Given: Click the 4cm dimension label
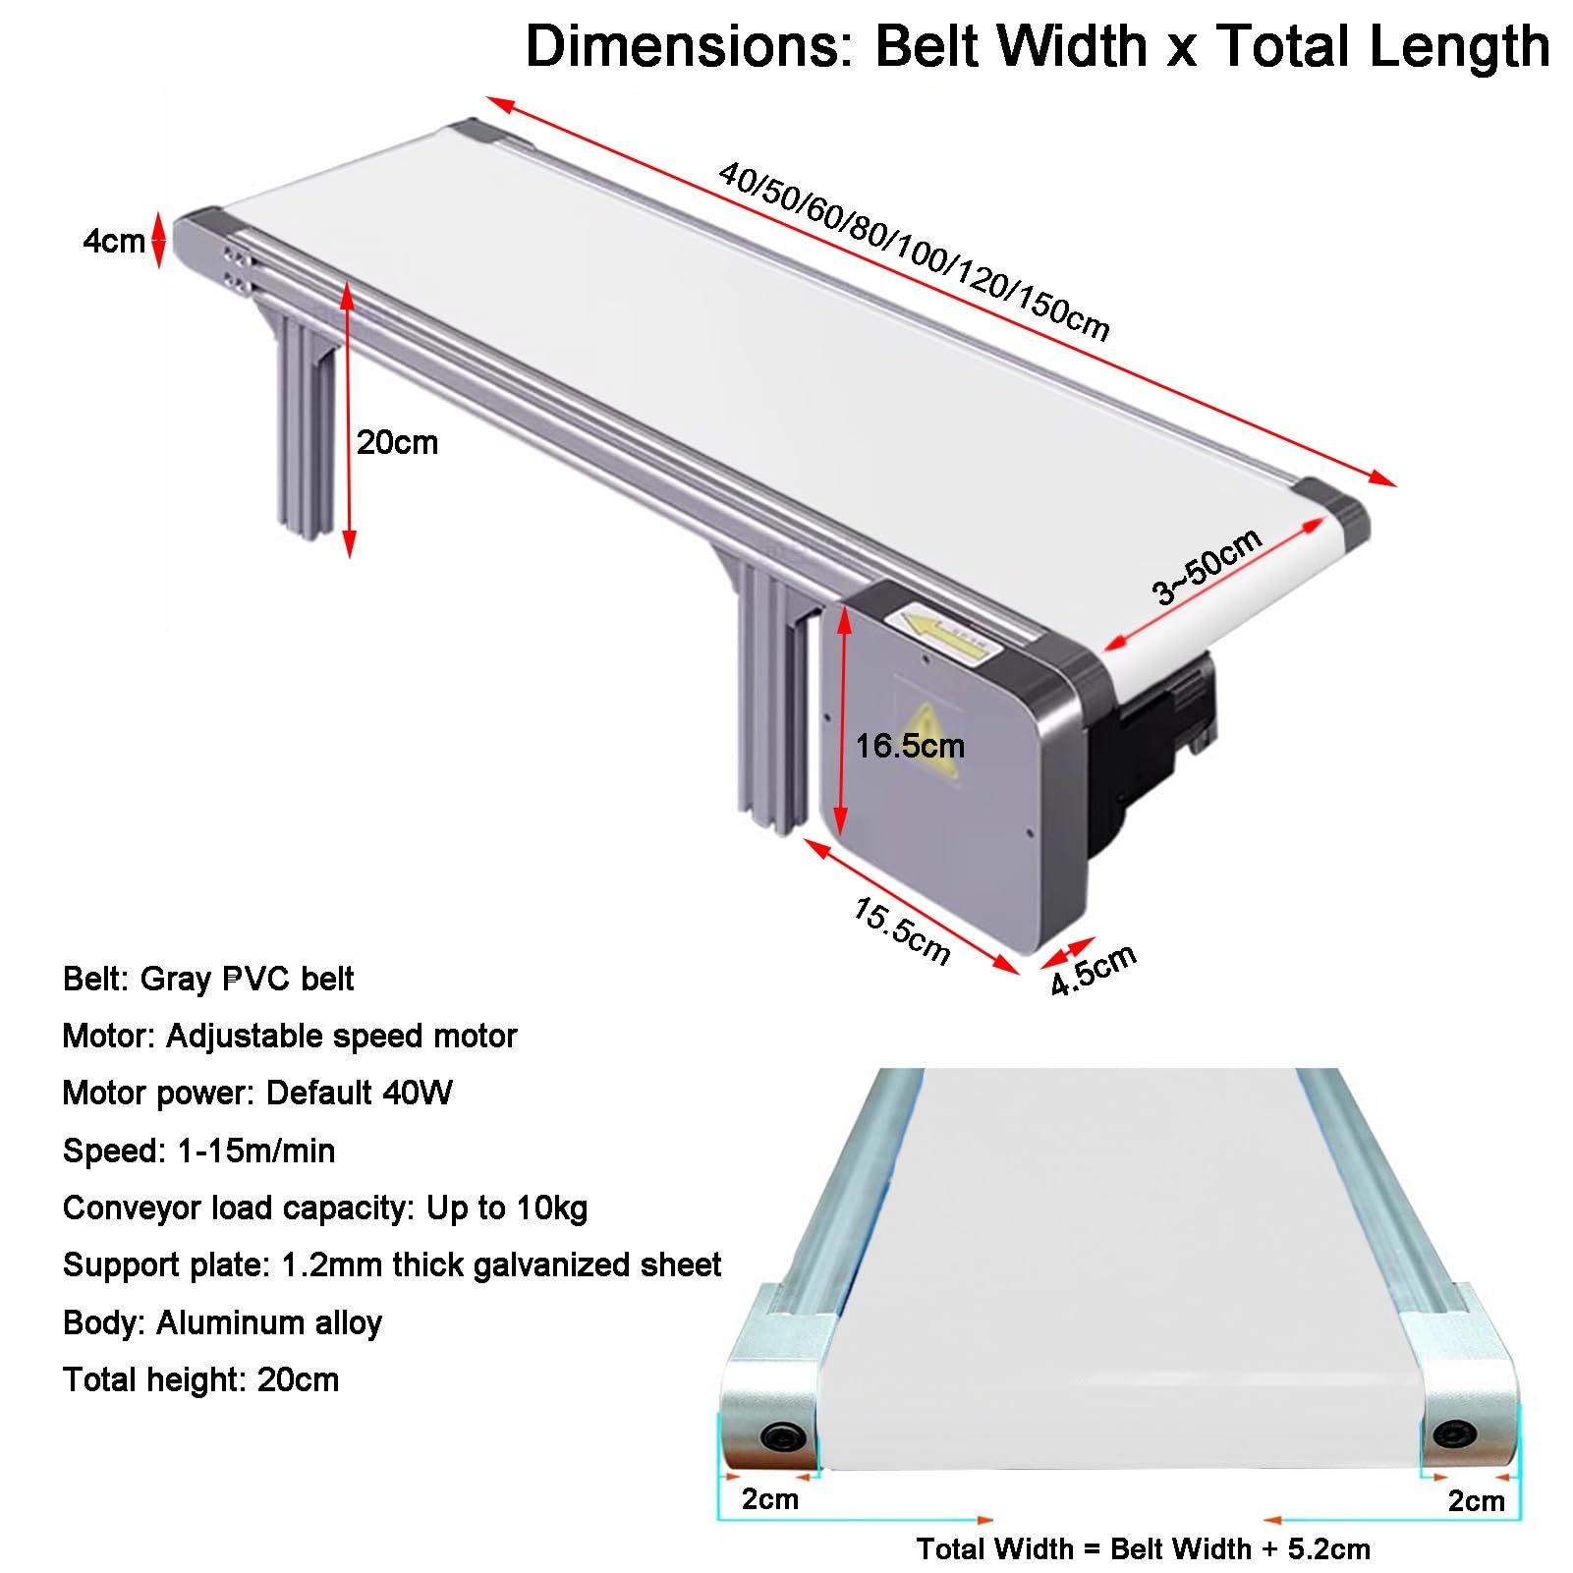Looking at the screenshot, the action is coord(113,241).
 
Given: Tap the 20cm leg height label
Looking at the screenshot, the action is coord(397,442).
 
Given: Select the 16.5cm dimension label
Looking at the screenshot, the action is coord(910,746).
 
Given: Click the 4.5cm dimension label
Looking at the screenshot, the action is coord(1093,970).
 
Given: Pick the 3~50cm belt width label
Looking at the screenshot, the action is coord(1207,567).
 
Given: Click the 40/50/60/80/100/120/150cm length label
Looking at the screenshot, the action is coord(914,252).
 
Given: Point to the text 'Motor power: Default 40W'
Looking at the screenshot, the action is coord(257,1093).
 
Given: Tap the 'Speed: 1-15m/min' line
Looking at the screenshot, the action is coord(199,1151).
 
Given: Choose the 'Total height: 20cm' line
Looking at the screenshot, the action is coord(201,1379).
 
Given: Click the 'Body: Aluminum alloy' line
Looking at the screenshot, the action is coord(222,1322).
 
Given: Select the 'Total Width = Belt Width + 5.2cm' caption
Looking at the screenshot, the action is coord(1143,1549).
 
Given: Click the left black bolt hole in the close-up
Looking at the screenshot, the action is coord(783,1437).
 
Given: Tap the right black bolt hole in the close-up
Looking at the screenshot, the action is coord(1454,1434).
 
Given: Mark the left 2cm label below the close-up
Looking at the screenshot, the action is coord(770,1499).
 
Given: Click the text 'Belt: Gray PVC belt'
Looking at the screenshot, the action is coord(208,979).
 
